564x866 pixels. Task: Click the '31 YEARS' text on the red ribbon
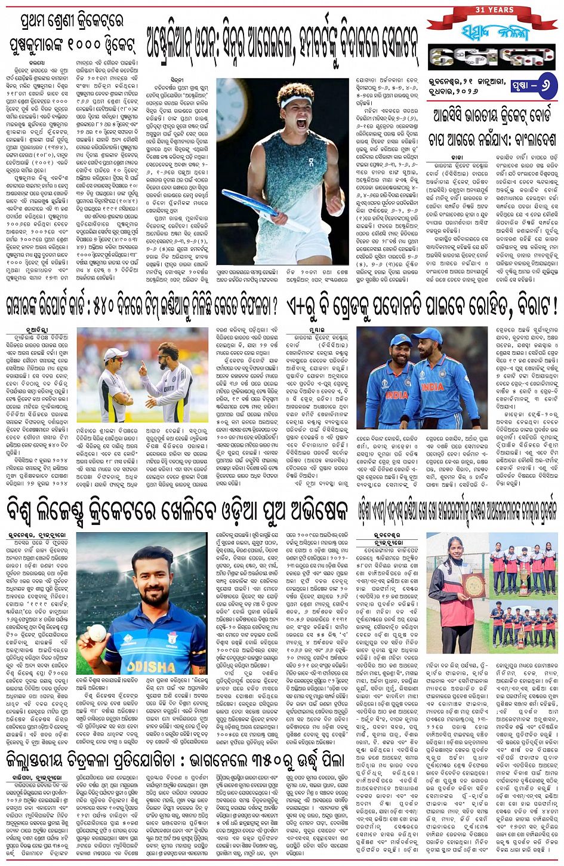[492, 10]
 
